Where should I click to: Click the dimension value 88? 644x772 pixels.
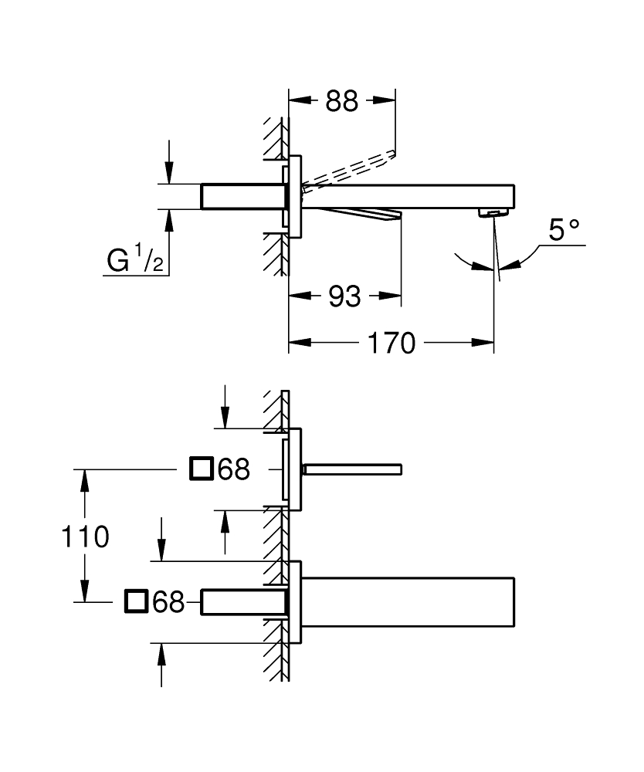(x=341, y=100)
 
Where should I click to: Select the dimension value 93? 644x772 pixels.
(x=344, y=295)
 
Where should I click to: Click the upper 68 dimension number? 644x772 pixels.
(x=233, y=469)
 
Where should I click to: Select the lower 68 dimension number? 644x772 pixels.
(x=168, y=601)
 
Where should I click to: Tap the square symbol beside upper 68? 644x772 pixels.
(x=201, y=469)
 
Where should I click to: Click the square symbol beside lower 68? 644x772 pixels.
(x=136, y=601)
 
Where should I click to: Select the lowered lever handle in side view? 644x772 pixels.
(x=355, y=214)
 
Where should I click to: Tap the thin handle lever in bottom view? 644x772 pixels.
(x=353, y=469)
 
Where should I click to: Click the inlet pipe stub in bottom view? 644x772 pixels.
(x=242, y=601)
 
